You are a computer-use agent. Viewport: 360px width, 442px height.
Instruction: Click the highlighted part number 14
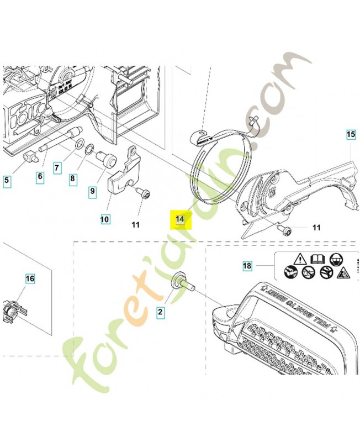click(179, 219)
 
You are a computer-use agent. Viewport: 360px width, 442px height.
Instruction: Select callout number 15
click(351, 134)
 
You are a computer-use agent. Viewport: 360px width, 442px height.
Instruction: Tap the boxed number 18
click(247, 266)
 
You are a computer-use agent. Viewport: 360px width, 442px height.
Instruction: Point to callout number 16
click(30, 279)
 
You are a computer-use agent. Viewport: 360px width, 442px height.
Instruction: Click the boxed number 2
click(161, 313)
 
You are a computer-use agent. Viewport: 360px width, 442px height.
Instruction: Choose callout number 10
click(104, 219)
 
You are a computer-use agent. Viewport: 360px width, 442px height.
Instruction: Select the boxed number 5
click(7, 179)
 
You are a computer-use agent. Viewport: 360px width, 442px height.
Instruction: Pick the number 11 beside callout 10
click(136, 224)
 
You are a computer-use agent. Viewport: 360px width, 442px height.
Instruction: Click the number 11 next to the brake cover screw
click(316, 227)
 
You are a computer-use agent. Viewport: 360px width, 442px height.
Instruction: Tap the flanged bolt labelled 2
click(182, 282)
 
